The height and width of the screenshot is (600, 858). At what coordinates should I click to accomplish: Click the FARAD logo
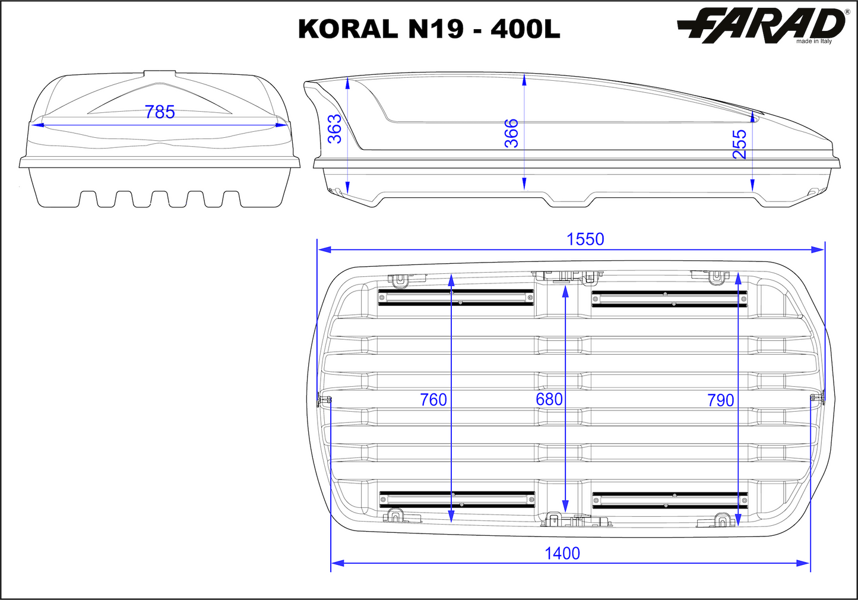[x=761, y=25]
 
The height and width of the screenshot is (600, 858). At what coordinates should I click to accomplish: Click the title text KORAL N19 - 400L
[x=429, y=29]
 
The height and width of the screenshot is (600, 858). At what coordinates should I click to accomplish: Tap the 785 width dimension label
[x=160, y=112]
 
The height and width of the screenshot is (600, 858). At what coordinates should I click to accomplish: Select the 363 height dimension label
[x=335, y=129]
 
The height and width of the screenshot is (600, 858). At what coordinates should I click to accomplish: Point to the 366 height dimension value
[x=511, y=133]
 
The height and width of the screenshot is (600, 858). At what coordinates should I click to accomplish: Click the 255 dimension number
[x=740, y=144]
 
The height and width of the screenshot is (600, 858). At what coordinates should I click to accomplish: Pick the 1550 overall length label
[x=585, y=239]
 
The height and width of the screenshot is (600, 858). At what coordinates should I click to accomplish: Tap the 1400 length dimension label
[x=562, y=554]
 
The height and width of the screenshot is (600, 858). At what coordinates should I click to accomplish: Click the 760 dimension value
[x=433, y=400]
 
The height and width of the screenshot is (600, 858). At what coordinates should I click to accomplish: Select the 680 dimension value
[x=549, y=399]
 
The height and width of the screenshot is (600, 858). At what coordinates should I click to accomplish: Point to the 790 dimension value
[x=720, y=400]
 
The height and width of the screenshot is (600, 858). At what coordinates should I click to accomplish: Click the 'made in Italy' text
[x=814, y=41]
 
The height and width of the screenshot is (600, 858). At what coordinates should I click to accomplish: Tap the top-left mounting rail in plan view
[x=456, y=297]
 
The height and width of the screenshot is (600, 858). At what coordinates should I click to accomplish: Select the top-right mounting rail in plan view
[x=669, y=298]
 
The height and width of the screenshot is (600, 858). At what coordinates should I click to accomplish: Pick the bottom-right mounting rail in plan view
[x=669, y=500]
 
